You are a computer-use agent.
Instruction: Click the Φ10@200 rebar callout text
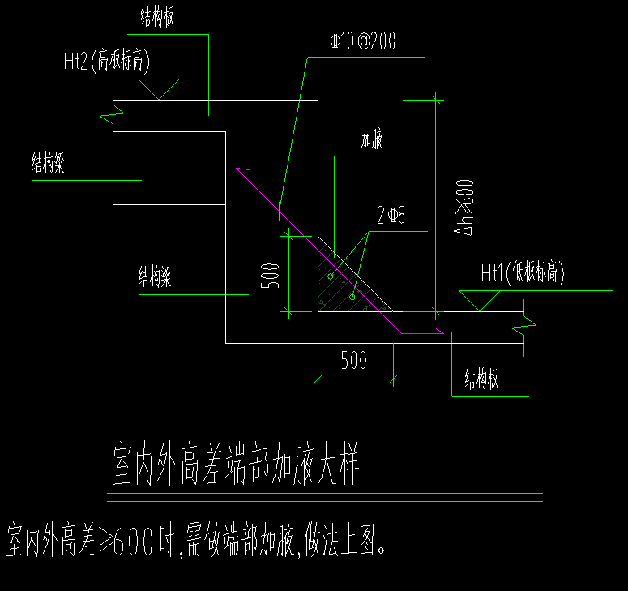coord(363,42)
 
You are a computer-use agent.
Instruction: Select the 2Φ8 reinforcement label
coord(391,216)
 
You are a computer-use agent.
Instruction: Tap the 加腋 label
coord(371,140)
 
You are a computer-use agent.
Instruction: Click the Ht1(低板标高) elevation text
coord(522,273)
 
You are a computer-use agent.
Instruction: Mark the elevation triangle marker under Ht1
coord(481,300)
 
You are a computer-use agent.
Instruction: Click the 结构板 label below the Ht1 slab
coord(481,379)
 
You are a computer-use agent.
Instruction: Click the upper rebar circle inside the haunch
coord(331,276)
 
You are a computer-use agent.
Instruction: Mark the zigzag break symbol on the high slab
coord(108,110)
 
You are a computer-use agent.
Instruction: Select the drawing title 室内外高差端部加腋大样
coord(233,466)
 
